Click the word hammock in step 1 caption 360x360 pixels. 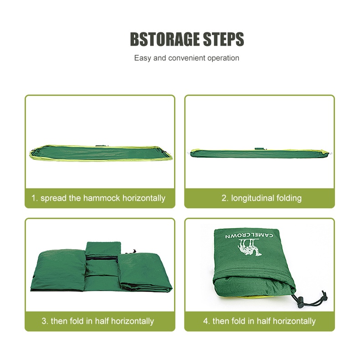102,198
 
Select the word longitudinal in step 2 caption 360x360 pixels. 252,198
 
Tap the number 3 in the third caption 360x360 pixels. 45,321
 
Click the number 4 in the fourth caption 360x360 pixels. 206,321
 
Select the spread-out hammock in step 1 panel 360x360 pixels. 101,153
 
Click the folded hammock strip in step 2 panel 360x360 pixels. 261,154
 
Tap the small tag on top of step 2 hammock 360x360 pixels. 259,149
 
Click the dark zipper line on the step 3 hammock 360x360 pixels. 103,259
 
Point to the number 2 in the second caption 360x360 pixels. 225,198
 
